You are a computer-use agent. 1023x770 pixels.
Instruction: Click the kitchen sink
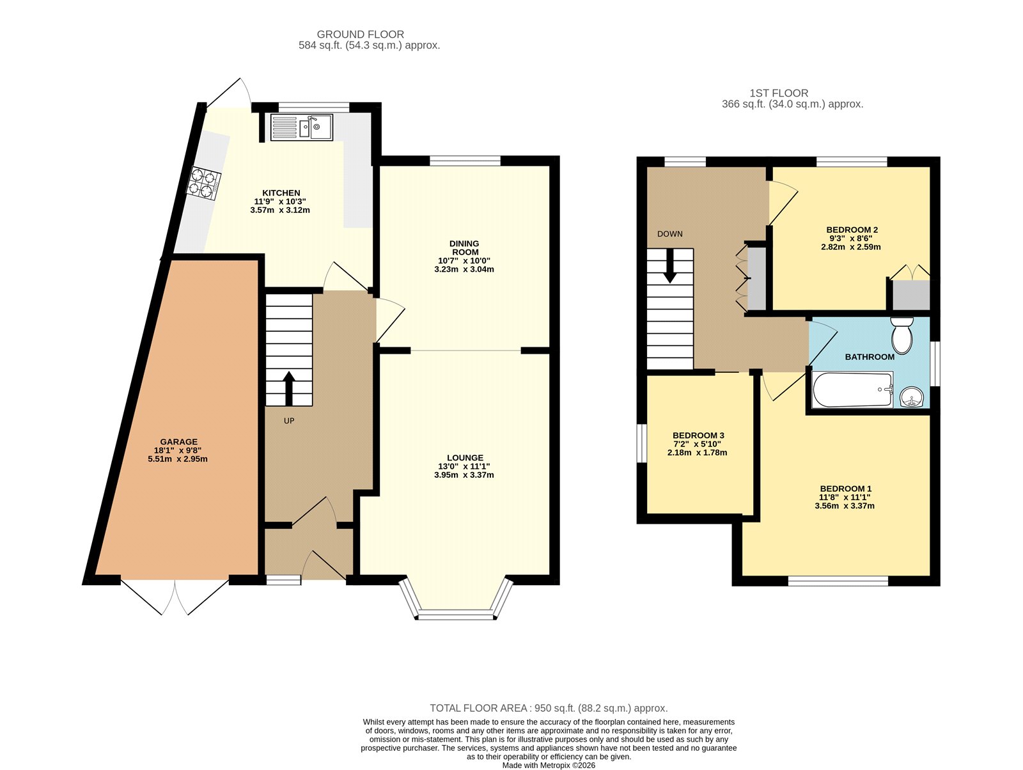coord(301,127)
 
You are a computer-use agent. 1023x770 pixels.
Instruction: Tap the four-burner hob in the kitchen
coord(204,184)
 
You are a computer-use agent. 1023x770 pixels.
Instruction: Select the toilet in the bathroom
coord(902,336)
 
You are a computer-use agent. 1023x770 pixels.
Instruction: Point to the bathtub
coord(852,389)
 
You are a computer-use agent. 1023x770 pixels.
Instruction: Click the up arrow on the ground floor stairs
coord(289,388)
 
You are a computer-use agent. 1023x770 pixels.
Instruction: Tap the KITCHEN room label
coord(281,193)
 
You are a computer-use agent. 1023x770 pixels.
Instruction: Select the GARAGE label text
coord(179,441)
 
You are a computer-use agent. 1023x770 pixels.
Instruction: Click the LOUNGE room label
coord(465,458)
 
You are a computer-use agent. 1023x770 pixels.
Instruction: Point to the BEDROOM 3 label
coord(698,436)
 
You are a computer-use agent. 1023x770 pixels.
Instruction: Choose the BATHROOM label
coord(870,357)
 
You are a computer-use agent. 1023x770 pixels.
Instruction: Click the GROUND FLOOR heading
coord(360,35)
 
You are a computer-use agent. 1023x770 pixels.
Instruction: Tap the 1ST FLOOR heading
coord(779,93)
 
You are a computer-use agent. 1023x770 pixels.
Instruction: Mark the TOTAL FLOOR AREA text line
coord(549,708)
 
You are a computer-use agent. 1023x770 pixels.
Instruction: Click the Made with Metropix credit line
coord(549,765)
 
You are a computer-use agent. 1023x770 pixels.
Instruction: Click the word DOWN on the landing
coord(669,234)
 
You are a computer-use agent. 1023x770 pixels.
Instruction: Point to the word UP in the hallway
coord(289,421)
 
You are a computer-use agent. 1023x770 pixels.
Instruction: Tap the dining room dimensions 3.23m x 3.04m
coord(464,269)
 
